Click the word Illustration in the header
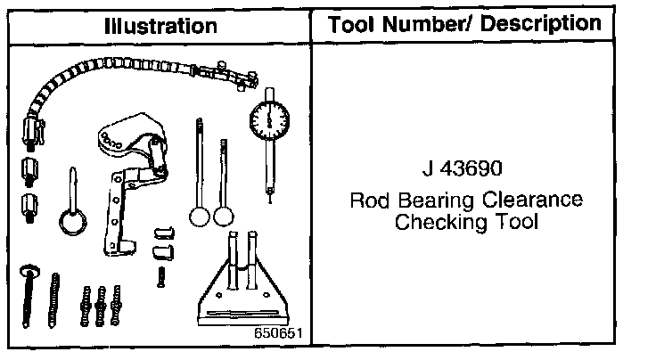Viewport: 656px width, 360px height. coord(160,27)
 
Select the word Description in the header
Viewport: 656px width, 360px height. coord(540,24)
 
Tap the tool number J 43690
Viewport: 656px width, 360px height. coord(462,168)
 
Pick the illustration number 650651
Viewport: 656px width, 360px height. coord(278,333)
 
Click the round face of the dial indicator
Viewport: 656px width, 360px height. coord(269,120)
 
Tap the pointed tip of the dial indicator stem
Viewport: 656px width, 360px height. coord(270,202)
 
